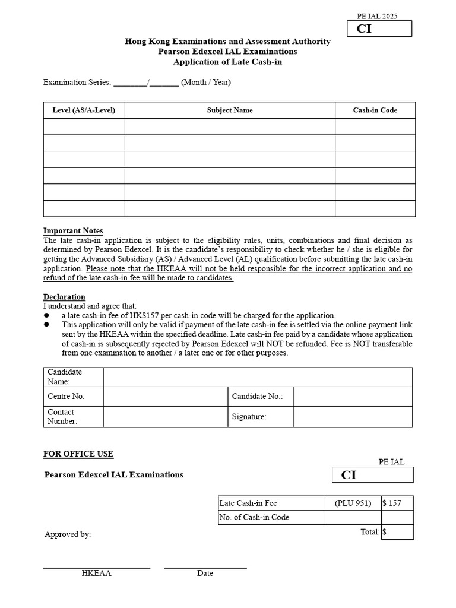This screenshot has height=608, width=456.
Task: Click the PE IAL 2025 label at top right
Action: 377,16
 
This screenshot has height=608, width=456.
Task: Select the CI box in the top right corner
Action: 379,28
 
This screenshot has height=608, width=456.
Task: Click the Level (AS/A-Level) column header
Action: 84,110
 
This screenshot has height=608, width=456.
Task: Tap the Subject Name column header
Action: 230,110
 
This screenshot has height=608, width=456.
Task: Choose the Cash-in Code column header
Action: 375,110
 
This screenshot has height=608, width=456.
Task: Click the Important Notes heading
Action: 73,231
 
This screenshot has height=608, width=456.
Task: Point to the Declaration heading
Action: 64,297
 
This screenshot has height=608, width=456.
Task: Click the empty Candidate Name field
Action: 257,377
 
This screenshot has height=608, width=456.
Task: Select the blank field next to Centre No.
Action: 165,397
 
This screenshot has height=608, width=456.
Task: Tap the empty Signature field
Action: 352,417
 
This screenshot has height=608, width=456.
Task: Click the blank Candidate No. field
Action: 352,397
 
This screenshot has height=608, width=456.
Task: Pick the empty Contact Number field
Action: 165,417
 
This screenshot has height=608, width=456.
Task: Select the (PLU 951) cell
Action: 353,503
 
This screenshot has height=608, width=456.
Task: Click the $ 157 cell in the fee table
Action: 397,503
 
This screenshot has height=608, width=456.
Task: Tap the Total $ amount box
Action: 397,532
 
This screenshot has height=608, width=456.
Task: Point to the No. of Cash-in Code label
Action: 254,517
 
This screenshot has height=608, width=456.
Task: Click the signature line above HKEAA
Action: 96,568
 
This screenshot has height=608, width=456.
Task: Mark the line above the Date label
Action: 205,568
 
